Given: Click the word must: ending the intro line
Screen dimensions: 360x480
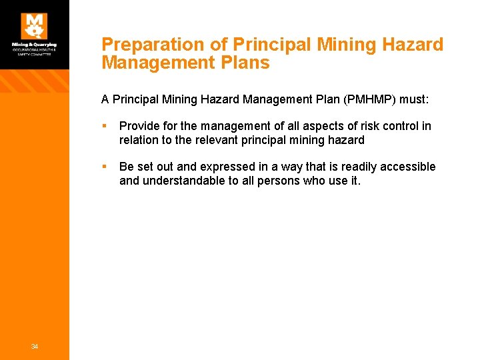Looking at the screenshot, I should pyautogui.click(x=413, y=100).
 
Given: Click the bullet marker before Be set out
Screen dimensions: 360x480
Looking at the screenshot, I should pyautogui.click(x=105, y=167).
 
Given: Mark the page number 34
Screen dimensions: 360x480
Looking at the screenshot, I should pyautogui.click(x=34, y=346).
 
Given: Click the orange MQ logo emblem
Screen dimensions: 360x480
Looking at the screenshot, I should pyautogui.click(x=34, y=26).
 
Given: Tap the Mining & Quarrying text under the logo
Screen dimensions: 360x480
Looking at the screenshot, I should pyautogui.click(x=34, y=45).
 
